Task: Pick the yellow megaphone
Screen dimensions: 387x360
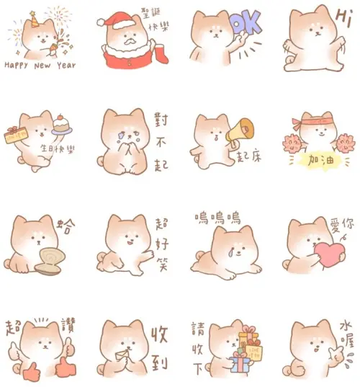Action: pos(240,132)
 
